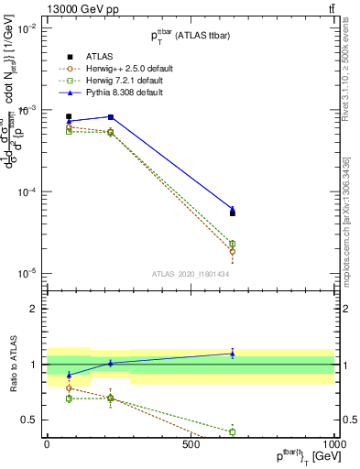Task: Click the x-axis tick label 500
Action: tap(191, 444)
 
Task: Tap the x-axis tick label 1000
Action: tap(333, 444)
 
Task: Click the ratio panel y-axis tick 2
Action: tap(34, 309)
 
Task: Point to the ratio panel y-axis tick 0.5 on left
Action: tap(31, 420)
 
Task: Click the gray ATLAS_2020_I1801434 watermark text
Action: tap(190, 274)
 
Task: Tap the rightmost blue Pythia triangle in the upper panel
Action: tap(233, 209)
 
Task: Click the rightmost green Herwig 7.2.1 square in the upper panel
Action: tap(233, 244)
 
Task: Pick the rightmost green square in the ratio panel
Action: tap(233, 431)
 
